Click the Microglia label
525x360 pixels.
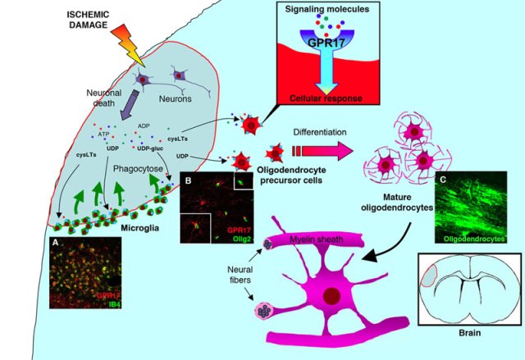click(126, 226)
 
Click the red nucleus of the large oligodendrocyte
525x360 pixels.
click(333, 294)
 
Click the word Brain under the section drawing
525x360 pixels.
click(465, 335)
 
